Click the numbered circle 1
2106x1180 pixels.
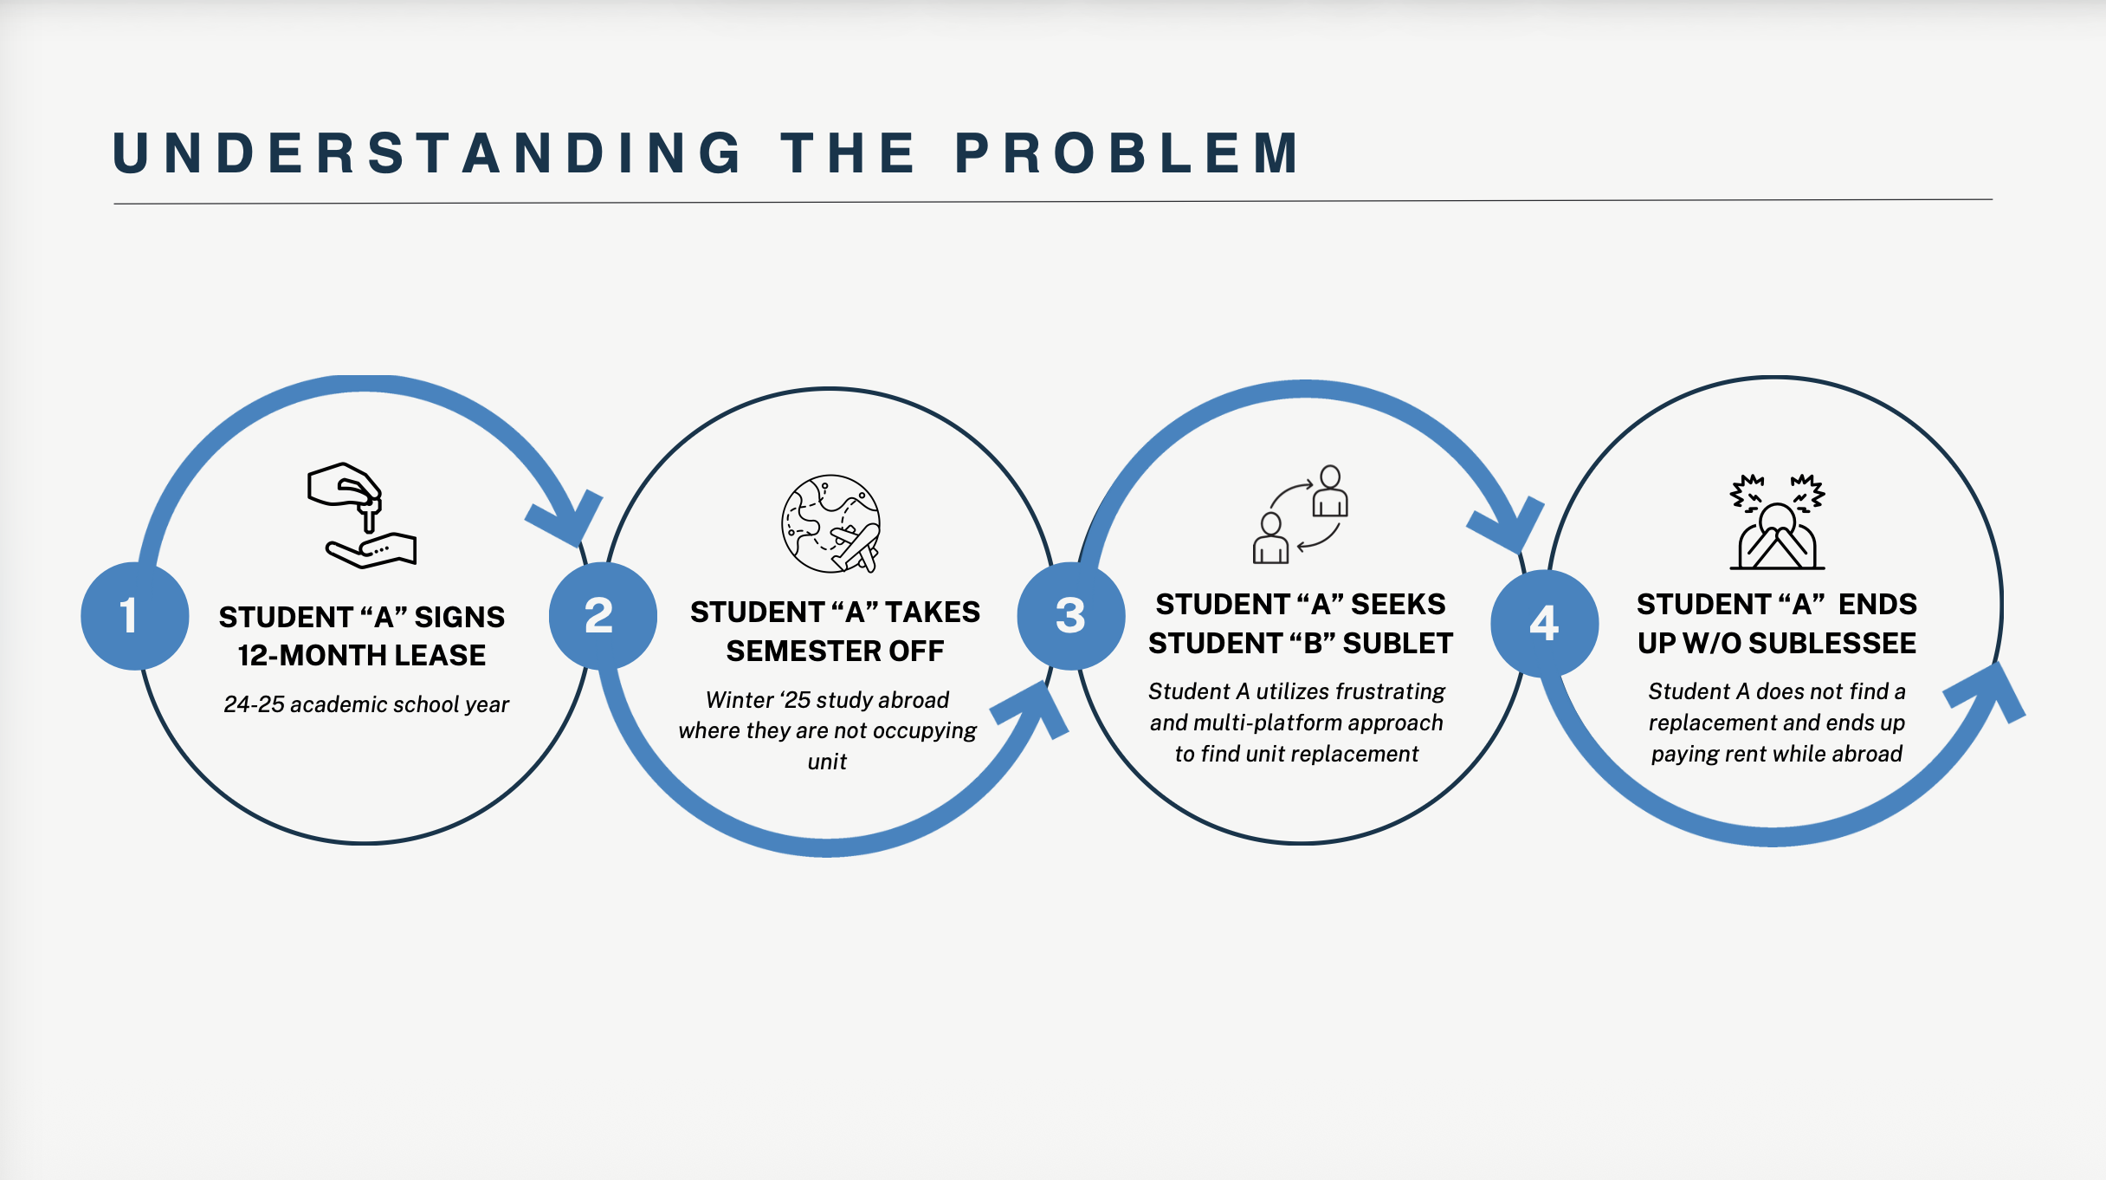point(134,616)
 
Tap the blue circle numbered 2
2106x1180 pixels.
point(603,616)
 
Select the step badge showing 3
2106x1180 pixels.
point(1071,616)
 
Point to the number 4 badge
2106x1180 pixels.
point(1545,623)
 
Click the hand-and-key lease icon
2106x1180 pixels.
point(362,515)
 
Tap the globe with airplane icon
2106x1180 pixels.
point(831,524)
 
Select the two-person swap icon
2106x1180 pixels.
point(1301,515)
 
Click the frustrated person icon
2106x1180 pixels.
point(1777,522)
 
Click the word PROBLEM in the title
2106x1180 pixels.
point(1127,153)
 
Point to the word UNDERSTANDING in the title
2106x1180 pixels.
point(428,153)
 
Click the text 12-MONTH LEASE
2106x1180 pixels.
point(362,655)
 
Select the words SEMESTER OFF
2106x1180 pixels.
point(835,651)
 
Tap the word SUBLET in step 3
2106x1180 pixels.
point(1398,643)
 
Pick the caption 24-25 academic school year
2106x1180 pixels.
point(366,704)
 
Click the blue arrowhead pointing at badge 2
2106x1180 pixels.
point(566,518)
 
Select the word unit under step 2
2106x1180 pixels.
point(827,762)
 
